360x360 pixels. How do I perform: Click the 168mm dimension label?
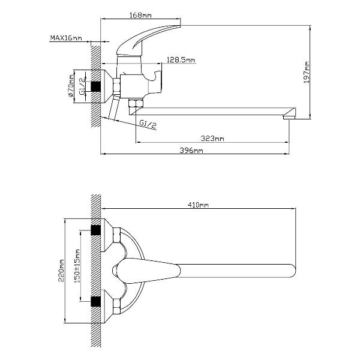tap(140, 15)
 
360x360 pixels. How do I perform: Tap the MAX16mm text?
tap(66, 38)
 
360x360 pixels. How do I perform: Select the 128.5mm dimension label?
tap(181, 60)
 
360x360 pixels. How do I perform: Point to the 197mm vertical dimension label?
tap(306, 73)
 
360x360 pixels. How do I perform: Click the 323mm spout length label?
tap(212, 139)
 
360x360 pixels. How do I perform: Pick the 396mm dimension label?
tap(191, 151)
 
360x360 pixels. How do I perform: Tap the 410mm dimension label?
tap(199, 205)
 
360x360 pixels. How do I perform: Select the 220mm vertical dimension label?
tap(61, 271)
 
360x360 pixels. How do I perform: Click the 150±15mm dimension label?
tap(77, 266)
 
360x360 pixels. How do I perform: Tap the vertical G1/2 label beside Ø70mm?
tap(82, 86)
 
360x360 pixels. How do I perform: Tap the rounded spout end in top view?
tap(292, 271)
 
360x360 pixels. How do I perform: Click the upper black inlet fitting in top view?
tap(96, 230)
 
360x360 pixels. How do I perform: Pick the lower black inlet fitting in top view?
tap(96, 302)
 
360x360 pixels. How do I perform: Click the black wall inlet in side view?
tap(96, 86)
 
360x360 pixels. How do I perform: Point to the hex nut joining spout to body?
tap(136, 103)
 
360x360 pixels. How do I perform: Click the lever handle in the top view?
tap(147, 271)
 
